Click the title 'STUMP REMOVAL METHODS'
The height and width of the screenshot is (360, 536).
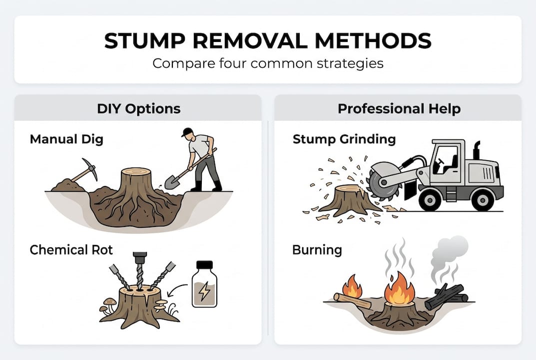coord(268,41)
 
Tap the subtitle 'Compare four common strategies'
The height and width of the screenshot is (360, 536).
coord(268,64)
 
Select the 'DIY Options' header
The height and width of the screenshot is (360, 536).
coord(138,108)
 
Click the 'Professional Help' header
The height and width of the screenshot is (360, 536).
coord(399,108)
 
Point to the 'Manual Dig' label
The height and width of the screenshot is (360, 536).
coord(66,138)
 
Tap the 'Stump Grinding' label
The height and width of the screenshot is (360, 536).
coord(344,138)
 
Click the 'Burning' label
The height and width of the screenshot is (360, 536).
coord(317,249)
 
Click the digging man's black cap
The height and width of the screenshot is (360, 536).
coord(187,132)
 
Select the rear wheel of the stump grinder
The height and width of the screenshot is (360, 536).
coord(482,199)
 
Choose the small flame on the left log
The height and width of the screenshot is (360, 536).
coord(353,287)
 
